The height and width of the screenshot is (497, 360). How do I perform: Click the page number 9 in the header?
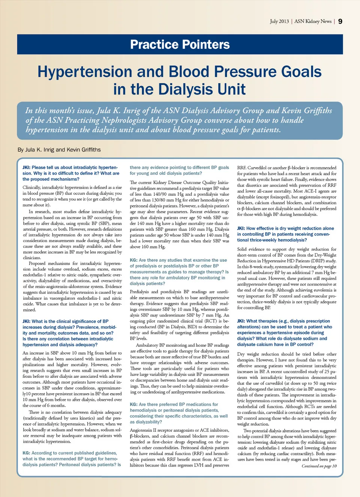point(340,21)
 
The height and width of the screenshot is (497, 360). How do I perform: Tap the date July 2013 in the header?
point(279,21)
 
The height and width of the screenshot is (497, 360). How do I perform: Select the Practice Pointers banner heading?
point(180,45)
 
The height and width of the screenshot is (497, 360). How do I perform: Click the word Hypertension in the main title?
point(84,72)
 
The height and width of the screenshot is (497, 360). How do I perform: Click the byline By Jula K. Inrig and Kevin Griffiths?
point(59,150)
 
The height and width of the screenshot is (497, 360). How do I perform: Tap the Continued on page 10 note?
point(319,466)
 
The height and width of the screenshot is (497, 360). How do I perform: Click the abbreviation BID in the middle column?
point(192,326)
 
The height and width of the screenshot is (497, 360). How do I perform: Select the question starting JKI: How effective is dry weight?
point(285,234)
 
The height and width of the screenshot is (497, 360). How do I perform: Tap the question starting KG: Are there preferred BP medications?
point(179,413)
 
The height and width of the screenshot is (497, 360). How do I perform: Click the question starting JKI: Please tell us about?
point(71,173)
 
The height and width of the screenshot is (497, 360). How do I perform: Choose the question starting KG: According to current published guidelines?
point(72,459)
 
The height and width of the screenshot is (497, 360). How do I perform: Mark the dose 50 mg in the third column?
point(319,383)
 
